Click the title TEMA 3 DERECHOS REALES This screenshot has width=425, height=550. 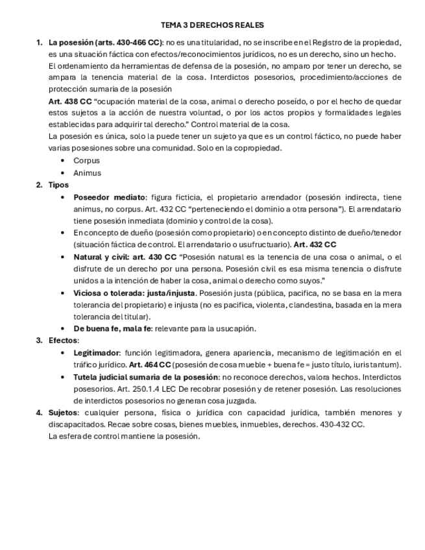[x=212, y=25]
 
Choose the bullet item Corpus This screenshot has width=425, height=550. [x=86, y=160]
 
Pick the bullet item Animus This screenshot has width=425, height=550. [x=87, y=173]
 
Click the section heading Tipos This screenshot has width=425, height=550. [x=58, y=185]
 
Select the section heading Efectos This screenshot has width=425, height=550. [x=63, y=341]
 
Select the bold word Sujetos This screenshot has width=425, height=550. [x=63, y=413]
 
